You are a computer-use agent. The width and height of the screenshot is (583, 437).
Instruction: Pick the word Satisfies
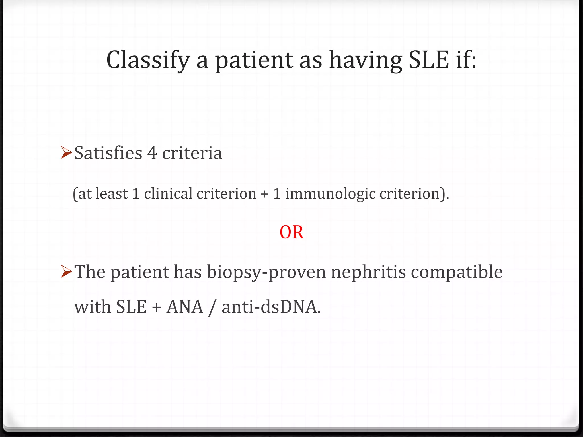click(108, 153)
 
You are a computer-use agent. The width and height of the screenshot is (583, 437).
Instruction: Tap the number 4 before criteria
click(152, 153)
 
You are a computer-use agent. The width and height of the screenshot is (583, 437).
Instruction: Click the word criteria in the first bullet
click(192, 153)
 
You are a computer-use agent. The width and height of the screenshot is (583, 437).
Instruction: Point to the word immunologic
click(330, 194)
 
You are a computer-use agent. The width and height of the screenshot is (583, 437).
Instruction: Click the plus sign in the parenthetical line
click(264, 194)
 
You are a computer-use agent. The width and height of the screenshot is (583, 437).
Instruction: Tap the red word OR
click(291, 232)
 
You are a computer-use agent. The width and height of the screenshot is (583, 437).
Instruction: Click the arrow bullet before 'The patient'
click(66, 271)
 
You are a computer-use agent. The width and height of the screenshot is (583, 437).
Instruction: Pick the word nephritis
click(368, 272)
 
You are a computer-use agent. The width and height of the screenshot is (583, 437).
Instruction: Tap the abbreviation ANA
click(185, 307)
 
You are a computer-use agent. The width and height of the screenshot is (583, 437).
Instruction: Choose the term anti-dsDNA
click(271, 307)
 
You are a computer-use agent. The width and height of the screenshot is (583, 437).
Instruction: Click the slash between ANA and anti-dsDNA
click(211, 308)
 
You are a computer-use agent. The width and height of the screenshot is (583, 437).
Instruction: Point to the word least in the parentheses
click(111, 194)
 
